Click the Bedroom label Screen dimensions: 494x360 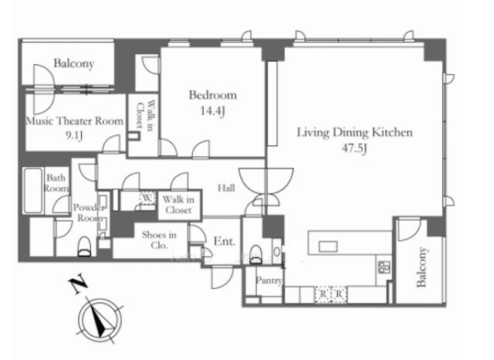point(213,95)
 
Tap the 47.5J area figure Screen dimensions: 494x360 point(355,148)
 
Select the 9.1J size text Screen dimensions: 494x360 point(74,135)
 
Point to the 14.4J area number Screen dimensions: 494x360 point(213,110)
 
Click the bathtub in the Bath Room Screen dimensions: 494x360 point(32,190)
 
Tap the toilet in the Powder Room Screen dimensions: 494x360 point(84,246)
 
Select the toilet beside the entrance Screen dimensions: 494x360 point(255,253)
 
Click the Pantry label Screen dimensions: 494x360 point(269,280)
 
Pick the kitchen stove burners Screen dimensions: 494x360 point(384,267)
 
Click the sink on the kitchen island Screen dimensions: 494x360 point(328,246)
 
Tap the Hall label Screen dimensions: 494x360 point(226,188)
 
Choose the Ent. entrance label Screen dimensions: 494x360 point(225,242)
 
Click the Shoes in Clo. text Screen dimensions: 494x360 point(159,240)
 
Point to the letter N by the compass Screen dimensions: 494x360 point(78,284)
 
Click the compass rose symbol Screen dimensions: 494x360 point(100,319)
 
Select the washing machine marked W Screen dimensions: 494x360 point(147,197)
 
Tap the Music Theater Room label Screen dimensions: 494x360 point(75,121)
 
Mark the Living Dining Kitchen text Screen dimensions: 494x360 point(355,132)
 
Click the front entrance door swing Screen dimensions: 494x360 point(222,277)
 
